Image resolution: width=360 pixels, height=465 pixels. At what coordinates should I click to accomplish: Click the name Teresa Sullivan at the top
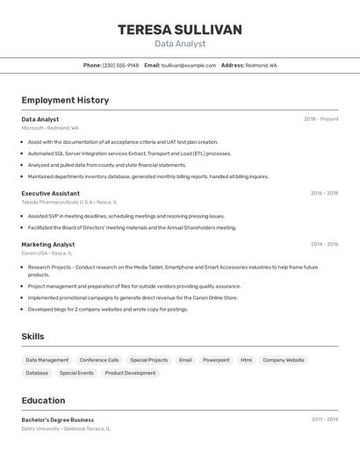click(x=180, y=30)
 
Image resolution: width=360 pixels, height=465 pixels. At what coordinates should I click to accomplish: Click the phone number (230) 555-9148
click(x=120, y=65)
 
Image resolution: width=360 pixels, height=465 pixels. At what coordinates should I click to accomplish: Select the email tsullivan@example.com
click(x=188, y=65)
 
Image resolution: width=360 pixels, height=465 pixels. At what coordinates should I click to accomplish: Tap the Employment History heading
click(x=65, y=100)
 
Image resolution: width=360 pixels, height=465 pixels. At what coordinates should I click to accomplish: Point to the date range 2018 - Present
click(x=320, y=119)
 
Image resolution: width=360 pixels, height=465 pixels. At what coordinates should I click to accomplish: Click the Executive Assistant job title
click(x=51, y=193)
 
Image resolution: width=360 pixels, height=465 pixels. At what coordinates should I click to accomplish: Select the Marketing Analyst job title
click(x=48, y=245)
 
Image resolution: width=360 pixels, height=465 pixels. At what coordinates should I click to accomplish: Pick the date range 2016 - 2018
click(x=324, y=193)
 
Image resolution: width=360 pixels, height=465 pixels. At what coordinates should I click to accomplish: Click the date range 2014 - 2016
click(x=324, y=245)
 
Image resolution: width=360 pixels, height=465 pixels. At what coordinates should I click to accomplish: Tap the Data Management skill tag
click(x=47, y=360)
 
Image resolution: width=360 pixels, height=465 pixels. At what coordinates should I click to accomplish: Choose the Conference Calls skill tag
click(x=99, y=360)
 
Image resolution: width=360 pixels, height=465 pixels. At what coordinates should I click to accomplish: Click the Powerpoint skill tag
click(x=216, y=360)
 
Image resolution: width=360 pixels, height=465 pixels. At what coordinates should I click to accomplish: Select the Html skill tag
click(x=246, y=360)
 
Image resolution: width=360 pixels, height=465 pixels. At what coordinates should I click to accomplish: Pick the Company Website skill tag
click(x=284, y=360)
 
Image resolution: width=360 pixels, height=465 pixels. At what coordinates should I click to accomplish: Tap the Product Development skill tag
click(x=130, y=373)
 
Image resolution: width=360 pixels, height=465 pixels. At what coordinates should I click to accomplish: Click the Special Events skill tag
click(x=76, y=373)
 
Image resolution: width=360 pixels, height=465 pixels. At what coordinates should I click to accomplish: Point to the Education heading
click(x=43, y=400)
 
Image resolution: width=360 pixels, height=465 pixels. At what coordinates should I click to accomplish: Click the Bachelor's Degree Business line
click(x=58, y=419)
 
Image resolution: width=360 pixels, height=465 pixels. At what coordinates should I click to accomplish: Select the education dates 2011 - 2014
click(x=324, y=419)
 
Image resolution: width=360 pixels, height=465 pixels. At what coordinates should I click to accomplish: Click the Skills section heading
click(x=32, y=336)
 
